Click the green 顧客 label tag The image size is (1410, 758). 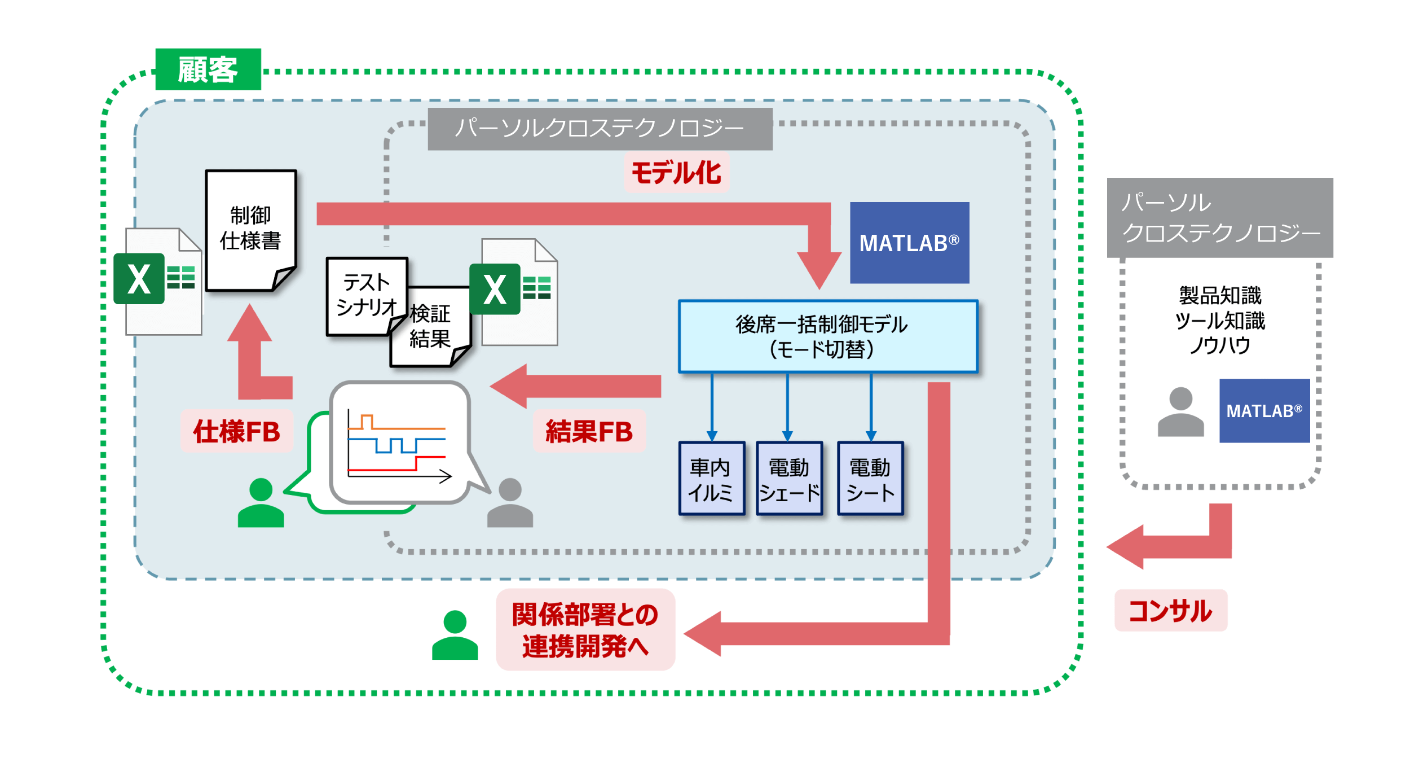click(208, 69)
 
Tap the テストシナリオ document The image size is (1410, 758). click(366, 295)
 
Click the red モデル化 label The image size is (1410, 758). click(676, 173)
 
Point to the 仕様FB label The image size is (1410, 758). click(237, 432)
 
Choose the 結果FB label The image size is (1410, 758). click(589, 432)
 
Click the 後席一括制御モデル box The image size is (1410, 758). click(827, 337)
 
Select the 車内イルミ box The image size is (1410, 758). click(712, 479)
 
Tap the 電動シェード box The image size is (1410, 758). click(789, 479)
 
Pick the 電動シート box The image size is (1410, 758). click(870, 479)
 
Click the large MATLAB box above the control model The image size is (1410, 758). click(909, 243)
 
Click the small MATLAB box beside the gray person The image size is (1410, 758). click(1264, 410)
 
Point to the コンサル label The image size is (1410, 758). click(1170, 611)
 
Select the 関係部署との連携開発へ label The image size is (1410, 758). click(585, 630)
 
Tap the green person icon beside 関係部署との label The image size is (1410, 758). click(455, 636)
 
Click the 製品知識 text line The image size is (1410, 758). click(1220, 295)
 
